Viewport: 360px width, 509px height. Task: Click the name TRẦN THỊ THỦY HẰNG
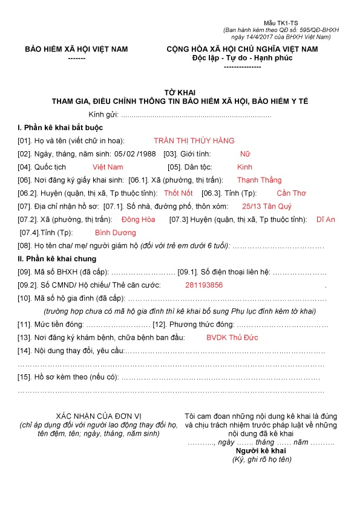pyautogui.click(x=194, y=141)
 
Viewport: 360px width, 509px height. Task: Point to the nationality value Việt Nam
pyautogui.click(x=108, y=167)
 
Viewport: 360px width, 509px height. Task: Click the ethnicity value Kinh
pyautogui.click(x=244, y=167)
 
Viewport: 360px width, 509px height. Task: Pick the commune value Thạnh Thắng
pyautogui.click(x=259, y=180)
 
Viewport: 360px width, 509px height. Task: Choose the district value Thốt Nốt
pyautogui.click(x=178, y=193)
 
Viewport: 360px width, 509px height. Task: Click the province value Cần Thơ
pyautogui.click(x=292, y=193)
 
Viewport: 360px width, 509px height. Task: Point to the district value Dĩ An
pyautogui.click(x=326, y=219)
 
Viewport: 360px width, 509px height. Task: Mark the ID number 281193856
pyautogui.click(x=204, y=285)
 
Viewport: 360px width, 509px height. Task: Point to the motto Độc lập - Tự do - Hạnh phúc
pyautogui.click(x=242, y=58)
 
